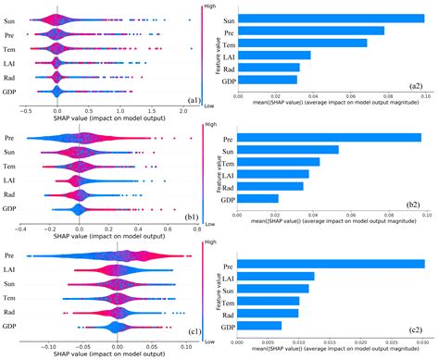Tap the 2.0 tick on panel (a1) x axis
point(187,110)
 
